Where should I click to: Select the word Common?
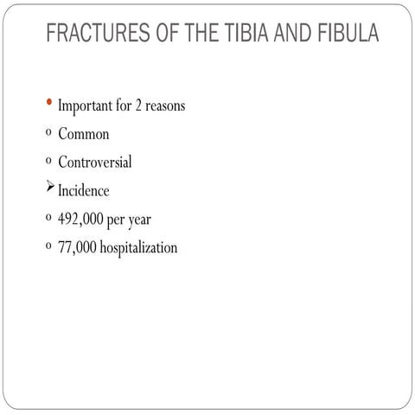coord(84,135)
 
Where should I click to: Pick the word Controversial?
coord(95,163)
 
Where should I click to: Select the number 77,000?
coord(76,248)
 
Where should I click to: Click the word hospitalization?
coord(137,248)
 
